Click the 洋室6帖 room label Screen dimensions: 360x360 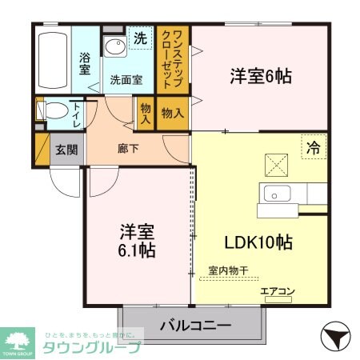[260, 78]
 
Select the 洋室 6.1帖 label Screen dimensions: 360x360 [136, 240]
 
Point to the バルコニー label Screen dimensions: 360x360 [195, 326]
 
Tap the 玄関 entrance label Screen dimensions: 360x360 [66, 149]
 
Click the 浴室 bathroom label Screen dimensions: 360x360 [84, 64]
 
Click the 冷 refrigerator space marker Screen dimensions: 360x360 [314, 146]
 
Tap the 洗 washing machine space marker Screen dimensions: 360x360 [140, 37]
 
